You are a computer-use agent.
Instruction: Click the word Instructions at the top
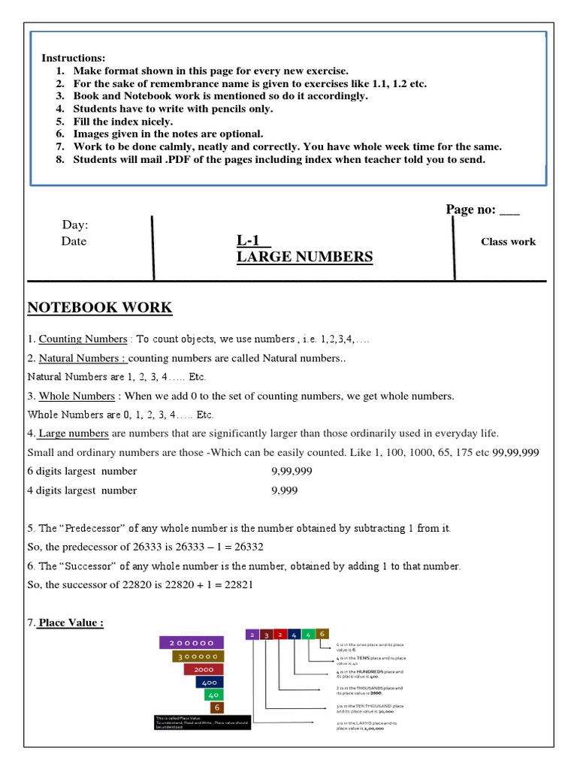[x=74, y=59]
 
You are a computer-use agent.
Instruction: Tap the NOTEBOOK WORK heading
[x=99, y=307]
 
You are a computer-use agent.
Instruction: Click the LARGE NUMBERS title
[x=304, y=257]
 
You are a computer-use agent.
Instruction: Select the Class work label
[x=508, y=242]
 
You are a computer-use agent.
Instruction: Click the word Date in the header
[x=74, y=241]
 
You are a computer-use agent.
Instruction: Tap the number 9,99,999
[x=292, y=472]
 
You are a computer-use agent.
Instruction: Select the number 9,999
[x=285, y=490]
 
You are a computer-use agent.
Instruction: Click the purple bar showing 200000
[x=192, y=643]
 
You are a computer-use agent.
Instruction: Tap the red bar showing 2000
[x=204, y=669]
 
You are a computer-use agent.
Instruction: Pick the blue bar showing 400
[x=210, y=682]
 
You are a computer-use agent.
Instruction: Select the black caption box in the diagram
[x=200, y=723]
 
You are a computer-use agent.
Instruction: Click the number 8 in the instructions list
[x=60, y=160]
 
